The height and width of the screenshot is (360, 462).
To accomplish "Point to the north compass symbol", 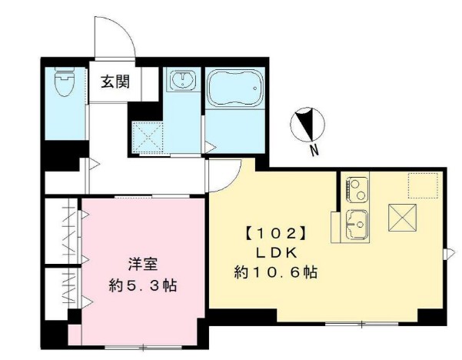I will point(308,125).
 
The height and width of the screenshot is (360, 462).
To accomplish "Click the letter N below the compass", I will point(314,152).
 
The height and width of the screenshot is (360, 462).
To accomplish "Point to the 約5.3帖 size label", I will point(143,285).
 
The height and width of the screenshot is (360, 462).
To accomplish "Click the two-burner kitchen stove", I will point(357,187).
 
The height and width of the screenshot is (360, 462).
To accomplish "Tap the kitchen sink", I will point(357,222).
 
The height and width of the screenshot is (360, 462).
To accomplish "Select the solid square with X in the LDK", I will point(402,218).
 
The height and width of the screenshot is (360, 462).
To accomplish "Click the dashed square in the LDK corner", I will point(422,185).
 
